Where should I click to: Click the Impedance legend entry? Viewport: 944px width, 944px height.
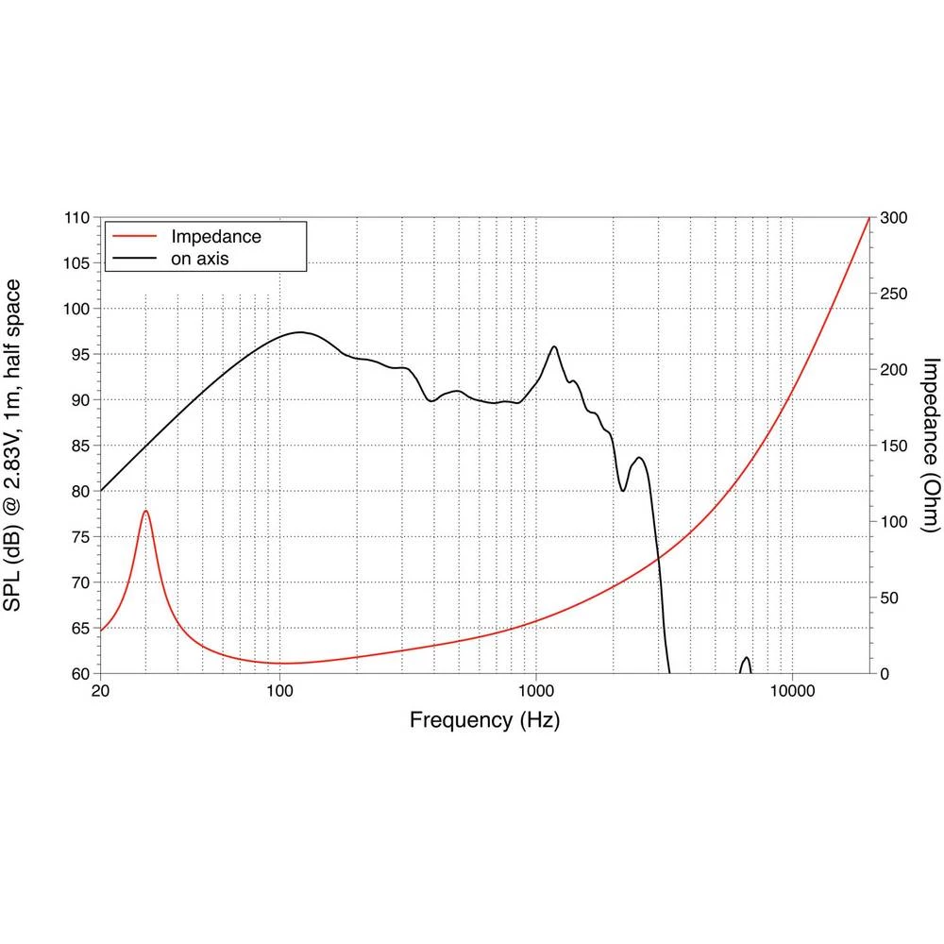(215, 236)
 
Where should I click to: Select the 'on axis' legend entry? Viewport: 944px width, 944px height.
(200, 257)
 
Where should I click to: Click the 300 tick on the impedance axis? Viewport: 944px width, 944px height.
(893, 218)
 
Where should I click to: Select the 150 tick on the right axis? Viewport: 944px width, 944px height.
(893, 446)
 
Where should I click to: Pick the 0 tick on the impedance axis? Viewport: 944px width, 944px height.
(885, 674)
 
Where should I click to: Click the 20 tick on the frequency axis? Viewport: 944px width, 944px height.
(101, 690)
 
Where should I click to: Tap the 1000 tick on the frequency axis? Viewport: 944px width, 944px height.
(536, 690)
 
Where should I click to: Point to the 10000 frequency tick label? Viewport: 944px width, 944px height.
(791, 690)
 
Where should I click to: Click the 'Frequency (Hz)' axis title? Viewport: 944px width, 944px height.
(484, 720)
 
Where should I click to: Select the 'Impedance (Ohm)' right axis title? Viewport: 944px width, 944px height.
(930, 444)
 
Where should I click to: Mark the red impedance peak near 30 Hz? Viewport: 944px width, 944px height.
(145, 511)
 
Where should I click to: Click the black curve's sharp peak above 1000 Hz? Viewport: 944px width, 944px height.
(554, 347)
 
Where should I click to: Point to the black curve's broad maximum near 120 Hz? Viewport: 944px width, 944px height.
(300, 332)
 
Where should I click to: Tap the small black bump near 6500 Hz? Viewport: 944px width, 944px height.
(746, 658)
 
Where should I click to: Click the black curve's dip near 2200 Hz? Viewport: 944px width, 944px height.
(623, 491)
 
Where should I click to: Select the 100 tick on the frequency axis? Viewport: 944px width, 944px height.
(279, 690)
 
